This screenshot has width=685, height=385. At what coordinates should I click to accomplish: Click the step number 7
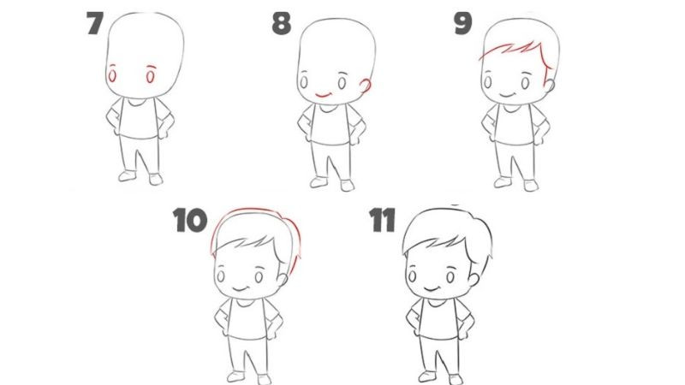click(x=96, y=24)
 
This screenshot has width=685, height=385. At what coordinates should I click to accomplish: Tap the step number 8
click(x=282, y=24)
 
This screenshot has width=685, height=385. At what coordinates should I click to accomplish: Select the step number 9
click(x=463, y=24)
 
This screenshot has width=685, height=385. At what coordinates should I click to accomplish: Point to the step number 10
click(x=190, y=221)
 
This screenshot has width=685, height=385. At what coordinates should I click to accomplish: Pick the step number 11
click(x=382, y=221)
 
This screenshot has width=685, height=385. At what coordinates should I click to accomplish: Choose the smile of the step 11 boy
click(x=433, y=286)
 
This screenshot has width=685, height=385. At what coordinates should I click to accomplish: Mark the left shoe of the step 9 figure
click(x=504, y=181)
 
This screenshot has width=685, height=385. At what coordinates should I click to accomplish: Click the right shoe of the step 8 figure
click(x=347, y=185)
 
